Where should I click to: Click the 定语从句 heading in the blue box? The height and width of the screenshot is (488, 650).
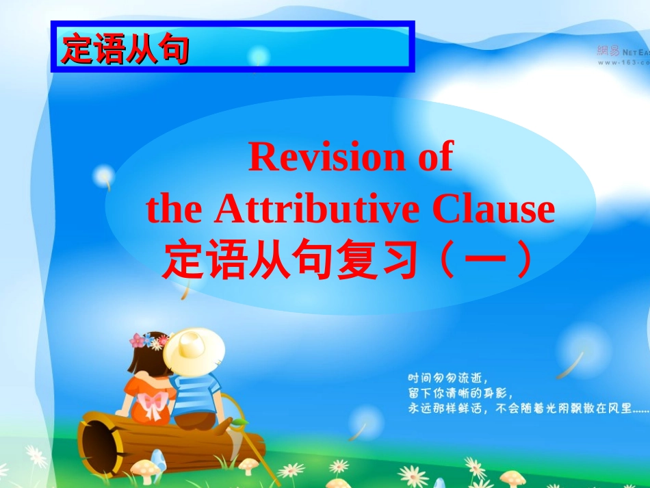point(125,49)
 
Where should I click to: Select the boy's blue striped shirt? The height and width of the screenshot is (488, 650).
point(196,394)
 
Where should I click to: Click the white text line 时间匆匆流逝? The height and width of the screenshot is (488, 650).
point(445,377)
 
